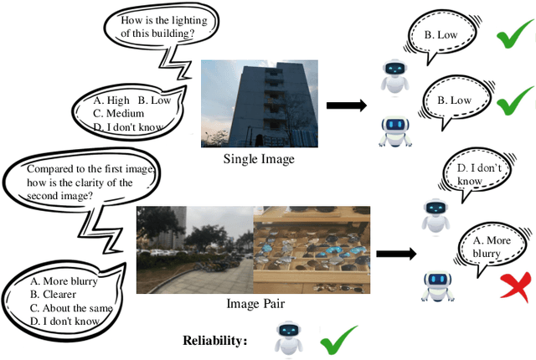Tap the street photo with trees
coord(195,250)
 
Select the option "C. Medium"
coord(120,113)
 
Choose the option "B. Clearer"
coord(52,295)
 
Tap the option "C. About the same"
coord(71,308)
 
